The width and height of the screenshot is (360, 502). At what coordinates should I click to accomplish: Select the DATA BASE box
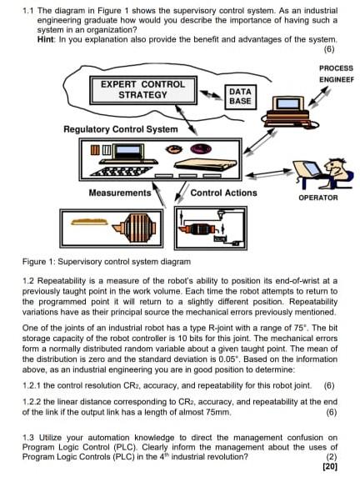[239, 96]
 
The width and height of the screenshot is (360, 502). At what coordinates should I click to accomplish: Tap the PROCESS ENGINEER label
[335, 73]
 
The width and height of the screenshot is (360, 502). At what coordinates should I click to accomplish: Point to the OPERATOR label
[317, 198]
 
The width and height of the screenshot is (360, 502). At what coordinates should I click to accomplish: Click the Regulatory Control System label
[120, 129]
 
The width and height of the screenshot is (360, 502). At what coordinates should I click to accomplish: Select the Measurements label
[119, 193]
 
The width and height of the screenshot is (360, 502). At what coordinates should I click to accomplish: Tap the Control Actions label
[224, 193]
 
